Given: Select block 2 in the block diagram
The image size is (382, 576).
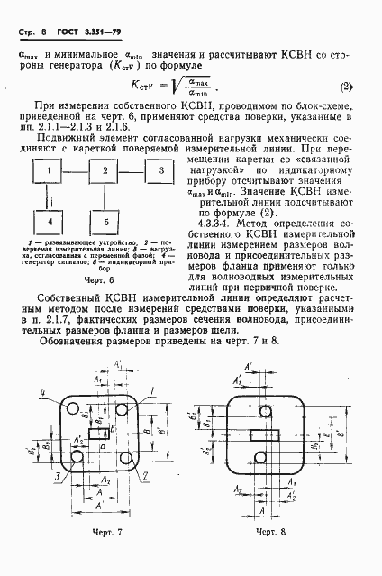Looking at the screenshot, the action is point(105,170).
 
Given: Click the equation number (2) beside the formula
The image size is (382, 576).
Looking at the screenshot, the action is point(345,87).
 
